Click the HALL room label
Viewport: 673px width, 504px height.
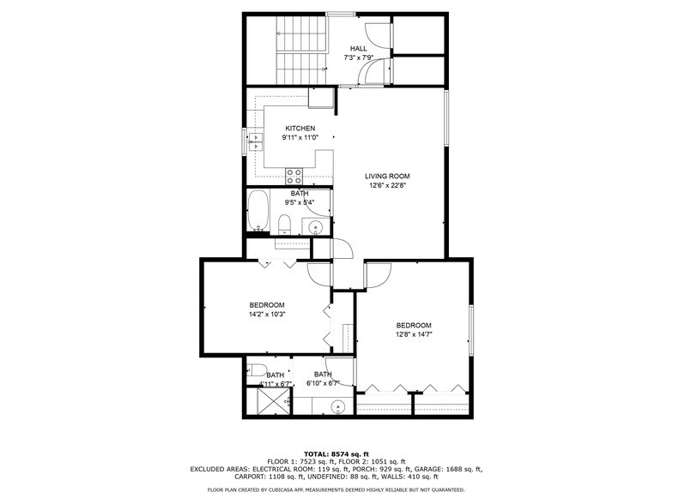point(359,49)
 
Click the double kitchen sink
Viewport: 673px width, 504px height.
point(255,141)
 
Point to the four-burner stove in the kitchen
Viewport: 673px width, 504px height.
point(294,177)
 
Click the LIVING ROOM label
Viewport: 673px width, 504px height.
point(387,177)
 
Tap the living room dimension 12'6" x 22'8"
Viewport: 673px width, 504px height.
point(387,185)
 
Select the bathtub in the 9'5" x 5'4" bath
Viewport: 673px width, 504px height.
point(258,213)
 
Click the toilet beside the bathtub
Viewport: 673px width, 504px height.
point(284,225)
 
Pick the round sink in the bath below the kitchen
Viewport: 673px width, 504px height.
point(315,227)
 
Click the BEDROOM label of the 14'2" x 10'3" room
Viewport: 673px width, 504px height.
point(267,305)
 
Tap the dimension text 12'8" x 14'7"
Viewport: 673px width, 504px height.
point(413,334)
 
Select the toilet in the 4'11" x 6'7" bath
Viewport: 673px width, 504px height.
point(254,370)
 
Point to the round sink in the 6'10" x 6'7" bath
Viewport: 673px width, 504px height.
point(339,406)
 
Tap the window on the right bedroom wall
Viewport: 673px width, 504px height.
point(470,329)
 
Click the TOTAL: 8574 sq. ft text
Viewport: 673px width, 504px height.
point(336,454)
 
